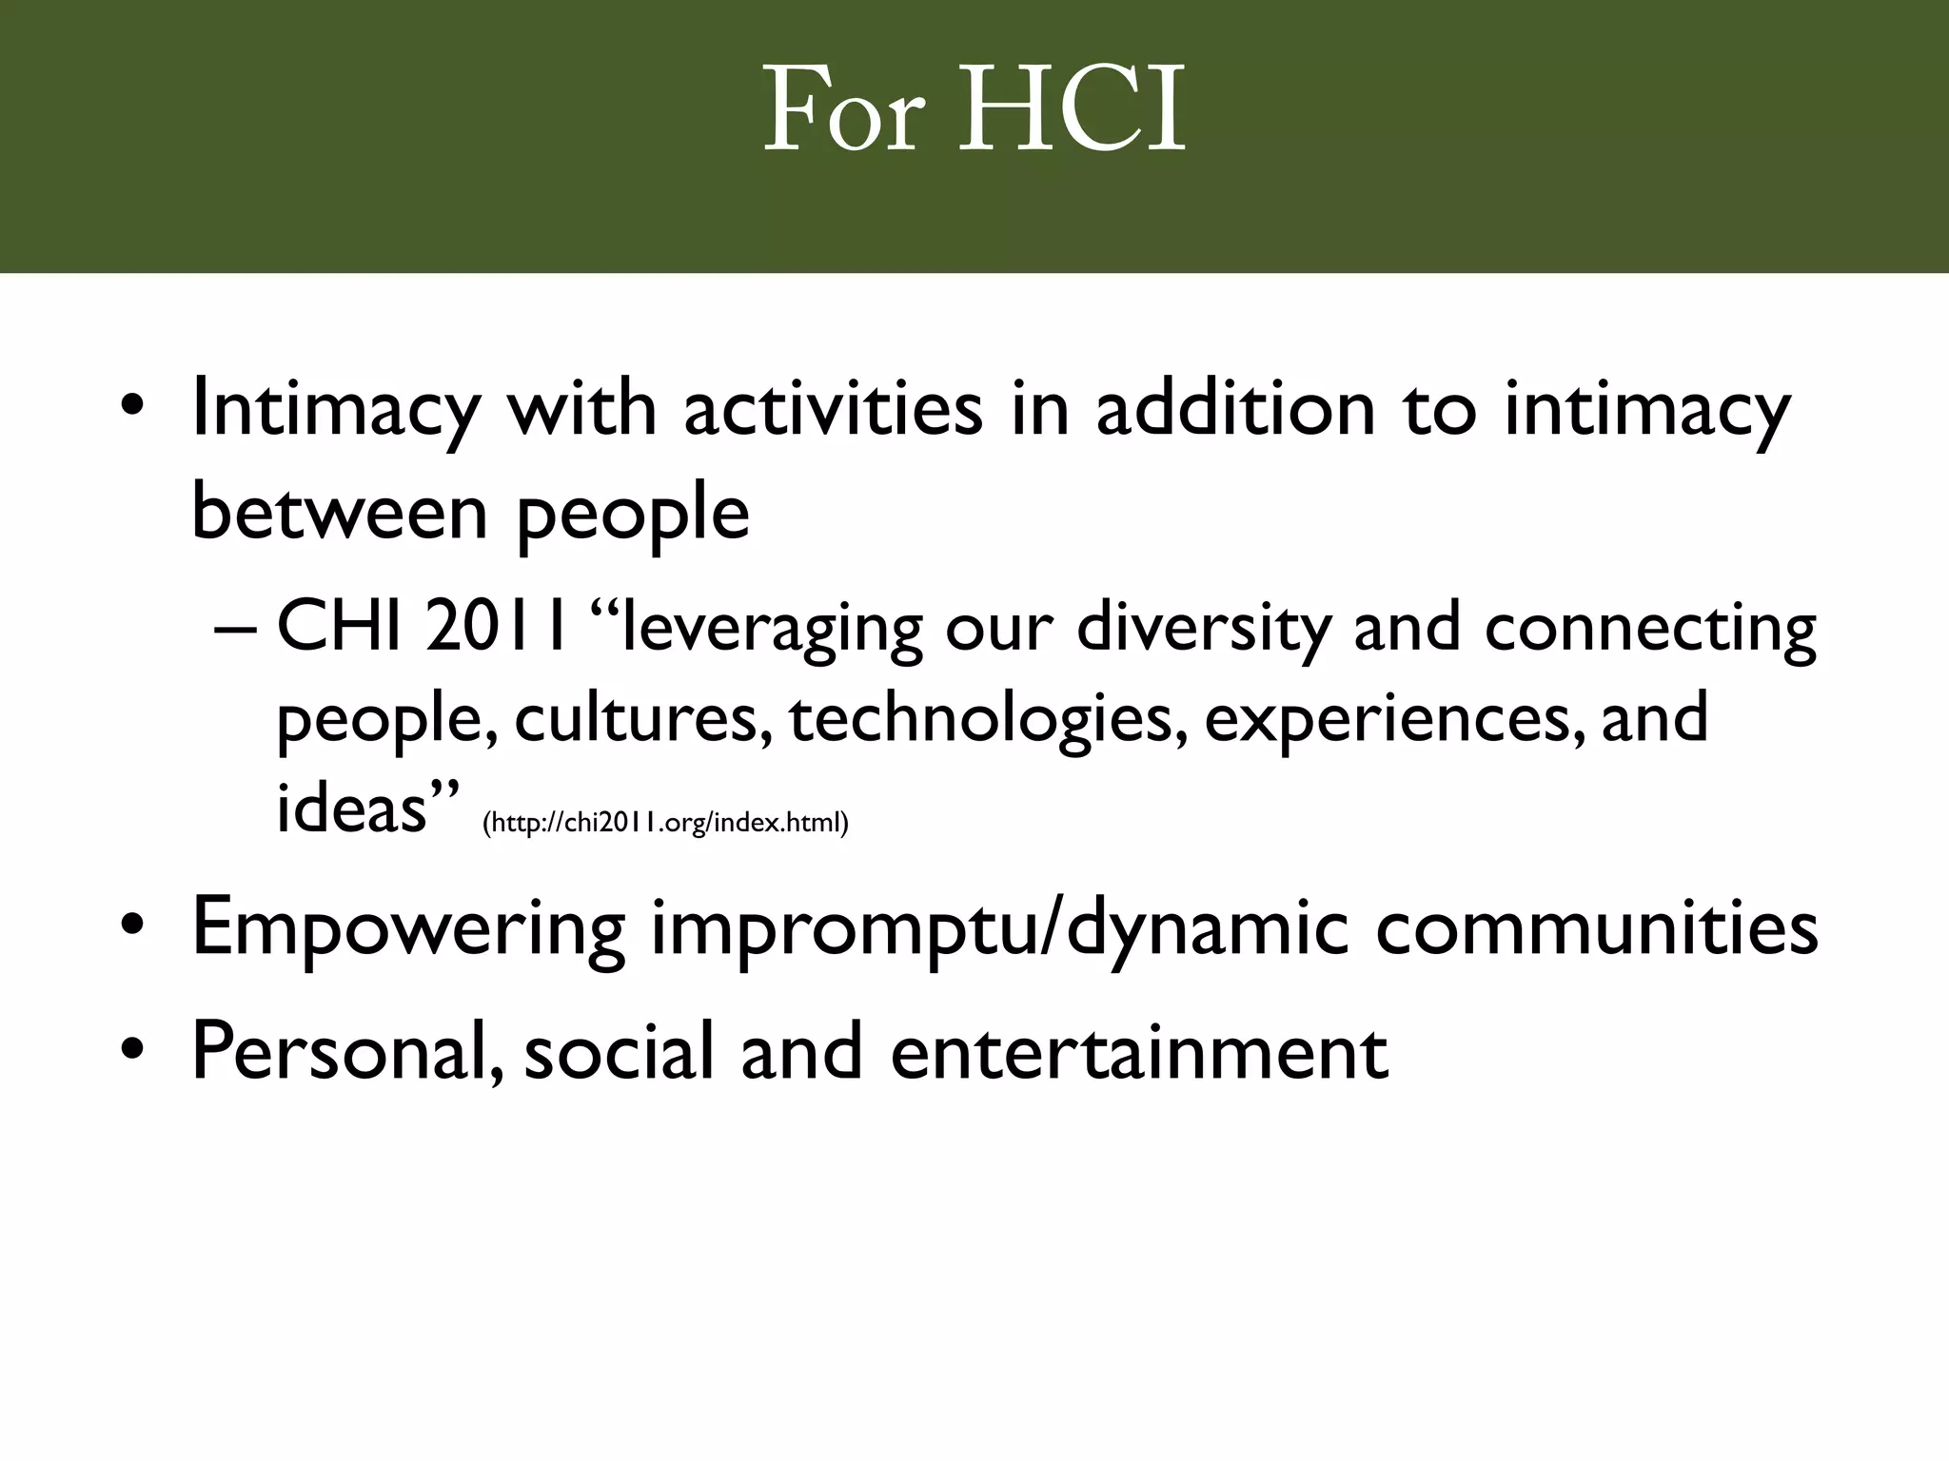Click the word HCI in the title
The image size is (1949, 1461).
[1073, 111]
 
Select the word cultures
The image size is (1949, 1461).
[642, 720]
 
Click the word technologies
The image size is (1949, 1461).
[988, 720]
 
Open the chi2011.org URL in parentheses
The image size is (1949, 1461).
[665, 823]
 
